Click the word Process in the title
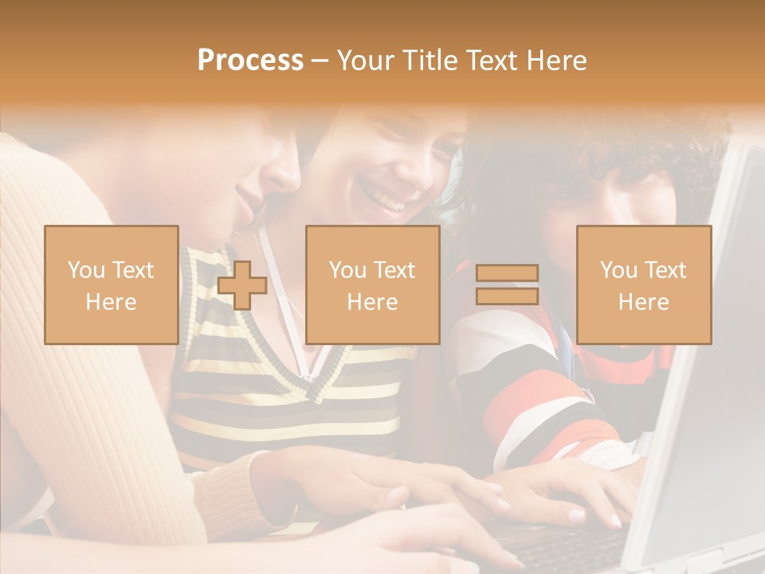click(x=250, y=61)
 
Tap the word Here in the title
click(x=557, y=61)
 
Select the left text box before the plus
click(x=111, y=285)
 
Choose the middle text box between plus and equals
click(x=372, y=285)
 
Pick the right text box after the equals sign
click(x=643, y=285)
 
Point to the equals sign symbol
click(x=507, y=285)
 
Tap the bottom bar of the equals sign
click(x=507, y=296)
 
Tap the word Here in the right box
click(x=643, y=302)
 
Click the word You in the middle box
click(x=347, y=270)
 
